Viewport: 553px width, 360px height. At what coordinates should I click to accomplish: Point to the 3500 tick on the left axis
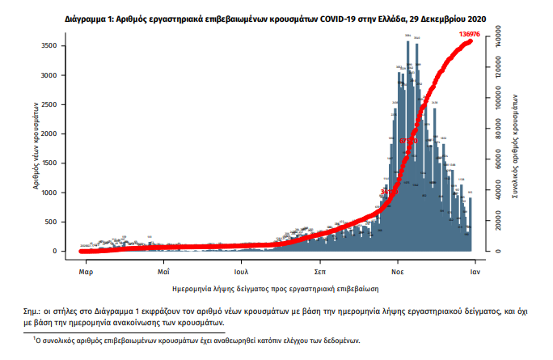[x=49, y=46]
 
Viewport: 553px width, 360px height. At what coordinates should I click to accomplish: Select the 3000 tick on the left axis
[x=49, y=75]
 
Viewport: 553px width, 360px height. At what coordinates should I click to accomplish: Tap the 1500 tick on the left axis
[x=49, y=163]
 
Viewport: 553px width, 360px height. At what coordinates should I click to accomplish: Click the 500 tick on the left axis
[x=51, y=222]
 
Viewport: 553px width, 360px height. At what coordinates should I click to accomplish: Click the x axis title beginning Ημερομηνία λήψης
[x=276, y=287]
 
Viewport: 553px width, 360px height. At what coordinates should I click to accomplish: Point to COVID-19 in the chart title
[x=303, y=16]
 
